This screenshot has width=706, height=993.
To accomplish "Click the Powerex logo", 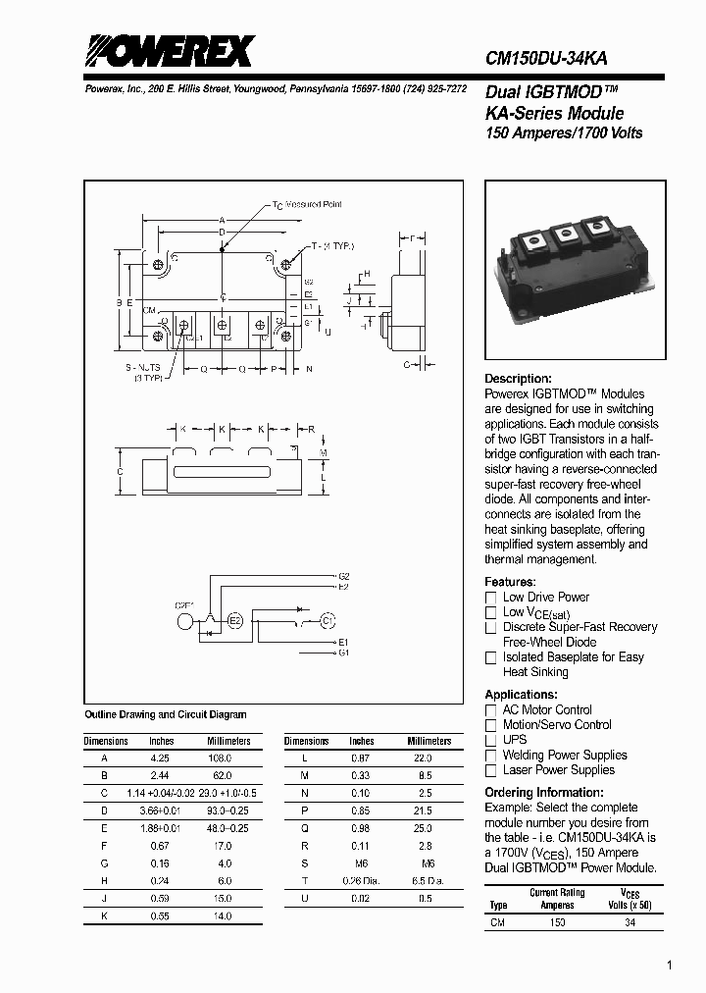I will (x=167, y=51).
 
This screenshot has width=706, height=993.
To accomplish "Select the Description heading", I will (x=519, y=379).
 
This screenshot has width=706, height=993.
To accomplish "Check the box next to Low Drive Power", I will (x=491, y=598).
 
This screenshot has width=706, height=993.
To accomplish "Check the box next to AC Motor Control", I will (x=491, y=710).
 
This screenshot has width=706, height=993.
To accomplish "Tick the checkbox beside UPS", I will (x=491, y=740).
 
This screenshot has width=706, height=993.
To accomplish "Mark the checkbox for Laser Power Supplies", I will (x=491, y=771).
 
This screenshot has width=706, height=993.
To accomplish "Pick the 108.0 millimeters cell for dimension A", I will (x=222, y=758).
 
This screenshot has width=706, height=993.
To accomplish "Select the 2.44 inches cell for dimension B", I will (x=161, y=774).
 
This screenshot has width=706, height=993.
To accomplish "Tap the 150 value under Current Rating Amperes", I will (x=557, y=922).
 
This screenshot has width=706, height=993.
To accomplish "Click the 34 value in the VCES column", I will (x=630, y=922).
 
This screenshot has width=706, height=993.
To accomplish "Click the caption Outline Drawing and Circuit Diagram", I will (x=166, y=715).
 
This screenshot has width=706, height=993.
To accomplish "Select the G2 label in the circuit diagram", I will (x=343, y=576).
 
